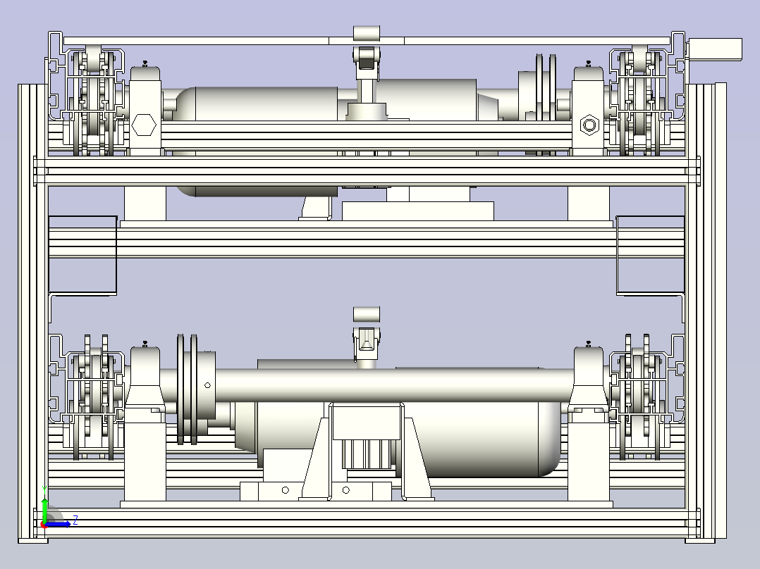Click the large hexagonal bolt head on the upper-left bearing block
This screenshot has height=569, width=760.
(x=144, y=125)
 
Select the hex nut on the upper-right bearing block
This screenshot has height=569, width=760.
(x=589, y=125)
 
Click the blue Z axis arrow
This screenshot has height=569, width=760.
(x=57, y=524)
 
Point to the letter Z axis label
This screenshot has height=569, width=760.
(x=75, y=520)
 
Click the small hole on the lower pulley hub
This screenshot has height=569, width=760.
(x=207, y=385)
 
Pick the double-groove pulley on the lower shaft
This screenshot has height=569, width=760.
(x=188, y=389)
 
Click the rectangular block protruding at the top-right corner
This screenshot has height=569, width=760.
(x=715, y=50)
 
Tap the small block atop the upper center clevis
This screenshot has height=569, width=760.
(x=367, y=34)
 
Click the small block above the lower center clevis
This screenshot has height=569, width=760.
(x=367, y=314)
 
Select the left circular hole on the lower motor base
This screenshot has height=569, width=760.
(x=285, y=490)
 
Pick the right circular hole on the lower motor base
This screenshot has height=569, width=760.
(x=345, y=490)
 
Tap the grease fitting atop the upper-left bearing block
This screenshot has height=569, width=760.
(x=145, y=63)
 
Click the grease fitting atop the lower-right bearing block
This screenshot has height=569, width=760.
(x=589, y=344)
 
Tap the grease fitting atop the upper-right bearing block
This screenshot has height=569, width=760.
(x=589, y=63)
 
